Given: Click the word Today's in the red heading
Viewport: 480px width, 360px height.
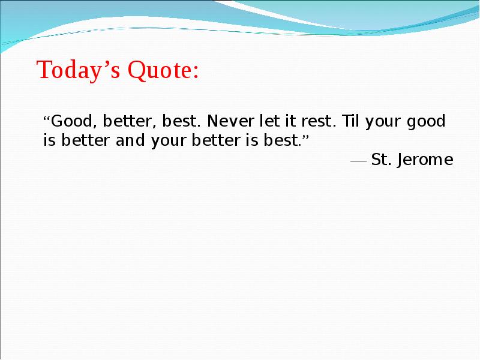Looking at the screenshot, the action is (79, 70).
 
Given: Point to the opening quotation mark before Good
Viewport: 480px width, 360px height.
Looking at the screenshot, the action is (47, 118).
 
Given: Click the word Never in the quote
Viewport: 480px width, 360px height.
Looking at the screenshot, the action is (230, 121).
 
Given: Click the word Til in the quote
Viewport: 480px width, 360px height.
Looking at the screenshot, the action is (350, 121).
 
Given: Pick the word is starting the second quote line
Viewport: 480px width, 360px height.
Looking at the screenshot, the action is (49, 140).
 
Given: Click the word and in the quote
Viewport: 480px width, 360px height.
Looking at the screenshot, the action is (130, 140).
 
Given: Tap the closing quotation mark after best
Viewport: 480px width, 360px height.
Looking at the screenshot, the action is (305, 137).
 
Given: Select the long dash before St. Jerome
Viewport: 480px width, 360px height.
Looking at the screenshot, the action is (358, 161).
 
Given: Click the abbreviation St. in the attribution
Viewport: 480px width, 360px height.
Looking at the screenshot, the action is (381, 160).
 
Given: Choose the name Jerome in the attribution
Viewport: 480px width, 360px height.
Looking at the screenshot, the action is (425, 160).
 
